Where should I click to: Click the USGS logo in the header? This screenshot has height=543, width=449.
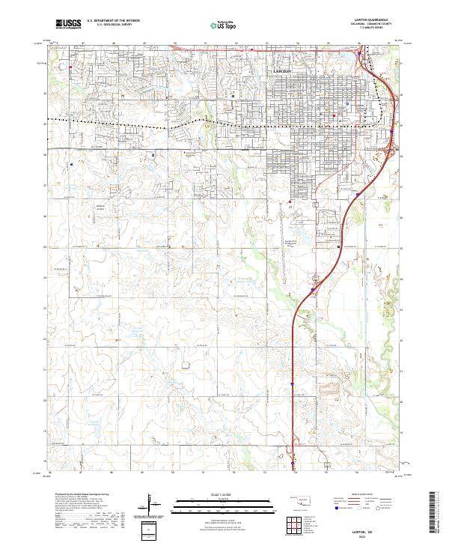point(68,25)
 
